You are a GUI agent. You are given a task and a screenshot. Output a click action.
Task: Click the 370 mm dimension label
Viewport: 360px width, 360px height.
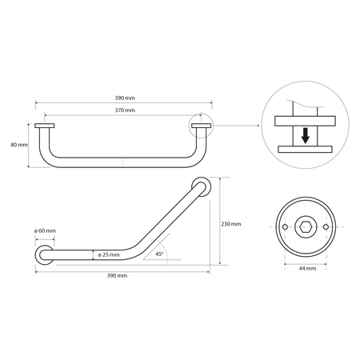pyautogui.click(x=125, y=110)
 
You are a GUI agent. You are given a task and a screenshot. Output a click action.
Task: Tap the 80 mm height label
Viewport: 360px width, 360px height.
pyautogui.click(x=19, y=145)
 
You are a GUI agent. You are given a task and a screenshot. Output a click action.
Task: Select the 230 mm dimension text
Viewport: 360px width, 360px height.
pyautogui.click(x=231, y=224)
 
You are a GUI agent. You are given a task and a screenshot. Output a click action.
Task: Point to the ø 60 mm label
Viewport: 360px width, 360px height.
pyautogui.click(x=45, y=230)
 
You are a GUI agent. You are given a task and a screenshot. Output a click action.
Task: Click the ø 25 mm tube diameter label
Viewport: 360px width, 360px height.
pyautogui.click(x=109, y=254)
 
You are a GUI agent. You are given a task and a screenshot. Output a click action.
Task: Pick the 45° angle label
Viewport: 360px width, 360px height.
pyautogui.click(x=159, y=254)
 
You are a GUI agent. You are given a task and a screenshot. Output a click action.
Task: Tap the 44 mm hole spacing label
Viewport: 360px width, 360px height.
pyautogui.click(x=307, y=269)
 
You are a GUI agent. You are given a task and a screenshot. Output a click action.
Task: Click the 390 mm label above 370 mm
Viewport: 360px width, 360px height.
pyautogui.click(x=125, y=98)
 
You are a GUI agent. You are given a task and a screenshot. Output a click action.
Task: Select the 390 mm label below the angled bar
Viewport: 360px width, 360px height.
pyautogui.click(x=117, y=276)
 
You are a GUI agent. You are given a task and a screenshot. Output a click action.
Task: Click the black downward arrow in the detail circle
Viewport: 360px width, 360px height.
pyautogui.click(x=306, y=136)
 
